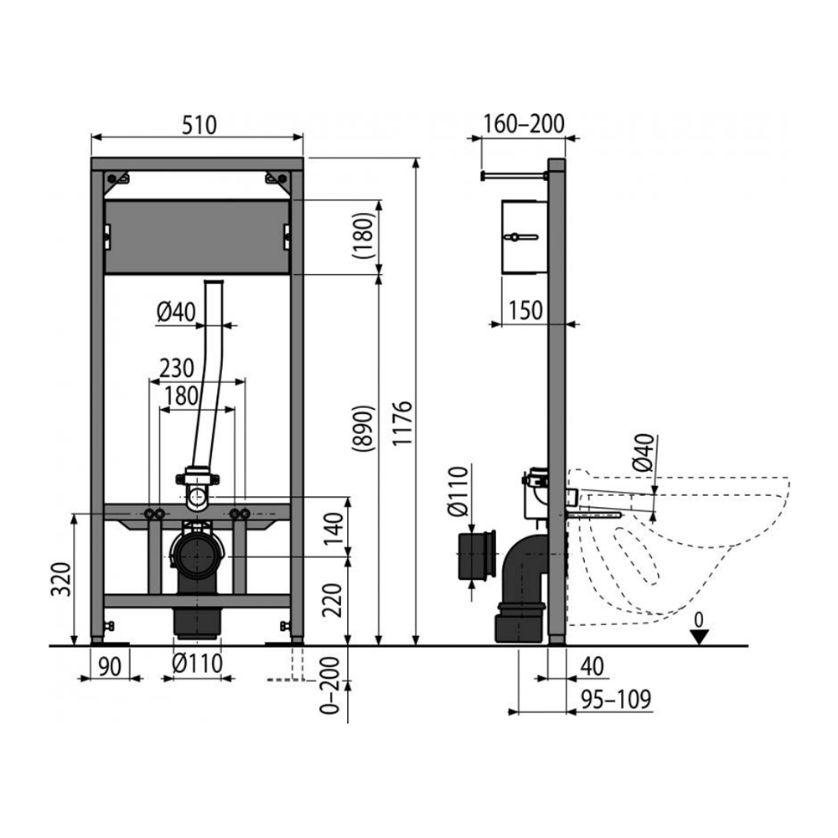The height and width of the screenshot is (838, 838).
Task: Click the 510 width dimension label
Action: point(199,125)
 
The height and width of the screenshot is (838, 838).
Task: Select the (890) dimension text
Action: point(364,429)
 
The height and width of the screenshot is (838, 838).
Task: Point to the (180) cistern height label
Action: point(364,235)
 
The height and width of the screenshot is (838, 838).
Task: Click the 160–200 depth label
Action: point(524,123)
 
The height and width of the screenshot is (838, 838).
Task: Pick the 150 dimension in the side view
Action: point(525,310)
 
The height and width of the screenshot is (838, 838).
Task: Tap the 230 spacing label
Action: point(176,368)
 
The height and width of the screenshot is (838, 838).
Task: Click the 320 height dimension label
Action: point(61,579)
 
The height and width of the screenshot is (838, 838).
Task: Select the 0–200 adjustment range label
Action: point(329,685)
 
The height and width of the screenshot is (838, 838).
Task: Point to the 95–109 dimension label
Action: point(616,700)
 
